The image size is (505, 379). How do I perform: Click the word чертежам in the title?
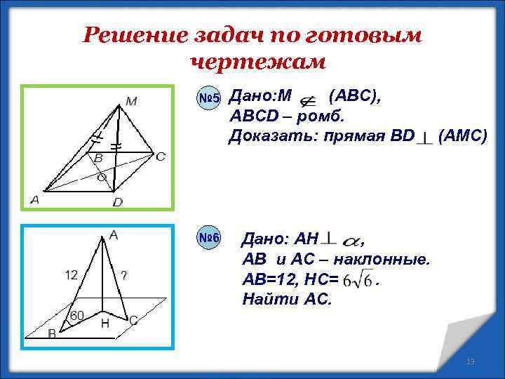click(257, 62)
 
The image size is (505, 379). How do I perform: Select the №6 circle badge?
click(209, 239)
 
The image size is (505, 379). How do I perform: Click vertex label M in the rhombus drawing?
click(131, 101)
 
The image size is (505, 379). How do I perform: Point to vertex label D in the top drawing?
click(117, 202)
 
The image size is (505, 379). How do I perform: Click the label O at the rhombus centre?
click(101, 178)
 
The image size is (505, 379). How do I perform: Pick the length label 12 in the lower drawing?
click(71, 275)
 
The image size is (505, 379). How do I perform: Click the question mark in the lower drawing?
click(123, 275)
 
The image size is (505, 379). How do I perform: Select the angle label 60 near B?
click(76, 315)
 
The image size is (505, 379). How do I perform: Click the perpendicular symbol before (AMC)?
click(424, 138)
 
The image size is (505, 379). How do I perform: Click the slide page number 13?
click(471, 361)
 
